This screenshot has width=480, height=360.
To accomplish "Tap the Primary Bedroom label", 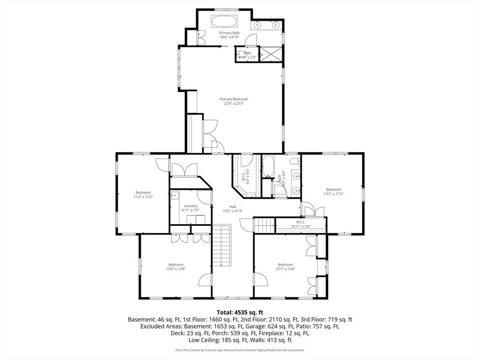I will pos(234,99).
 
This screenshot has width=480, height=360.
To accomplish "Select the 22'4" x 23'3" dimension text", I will pos(234,104).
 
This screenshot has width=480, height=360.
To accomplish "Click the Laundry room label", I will pos(190,206).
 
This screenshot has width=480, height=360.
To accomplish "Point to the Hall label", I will pos(232,206).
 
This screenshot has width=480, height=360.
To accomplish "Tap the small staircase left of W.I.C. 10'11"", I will pos(264,225).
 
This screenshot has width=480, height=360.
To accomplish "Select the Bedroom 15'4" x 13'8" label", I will pos(176,264).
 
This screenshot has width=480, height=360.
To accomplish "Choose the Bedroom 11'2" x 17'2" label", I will pos(143,193).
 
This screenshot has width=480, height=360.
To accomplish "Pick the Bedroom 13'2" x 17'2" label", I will pos(334,189).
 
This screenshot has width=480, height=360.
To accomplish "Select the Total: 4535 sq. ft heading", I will pos(240,312).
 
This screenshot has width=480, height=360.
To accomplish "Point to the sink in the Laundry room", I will pos(174,196).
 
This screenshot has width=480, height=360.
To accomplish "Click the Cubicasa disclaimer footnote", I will pos(240,350).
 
